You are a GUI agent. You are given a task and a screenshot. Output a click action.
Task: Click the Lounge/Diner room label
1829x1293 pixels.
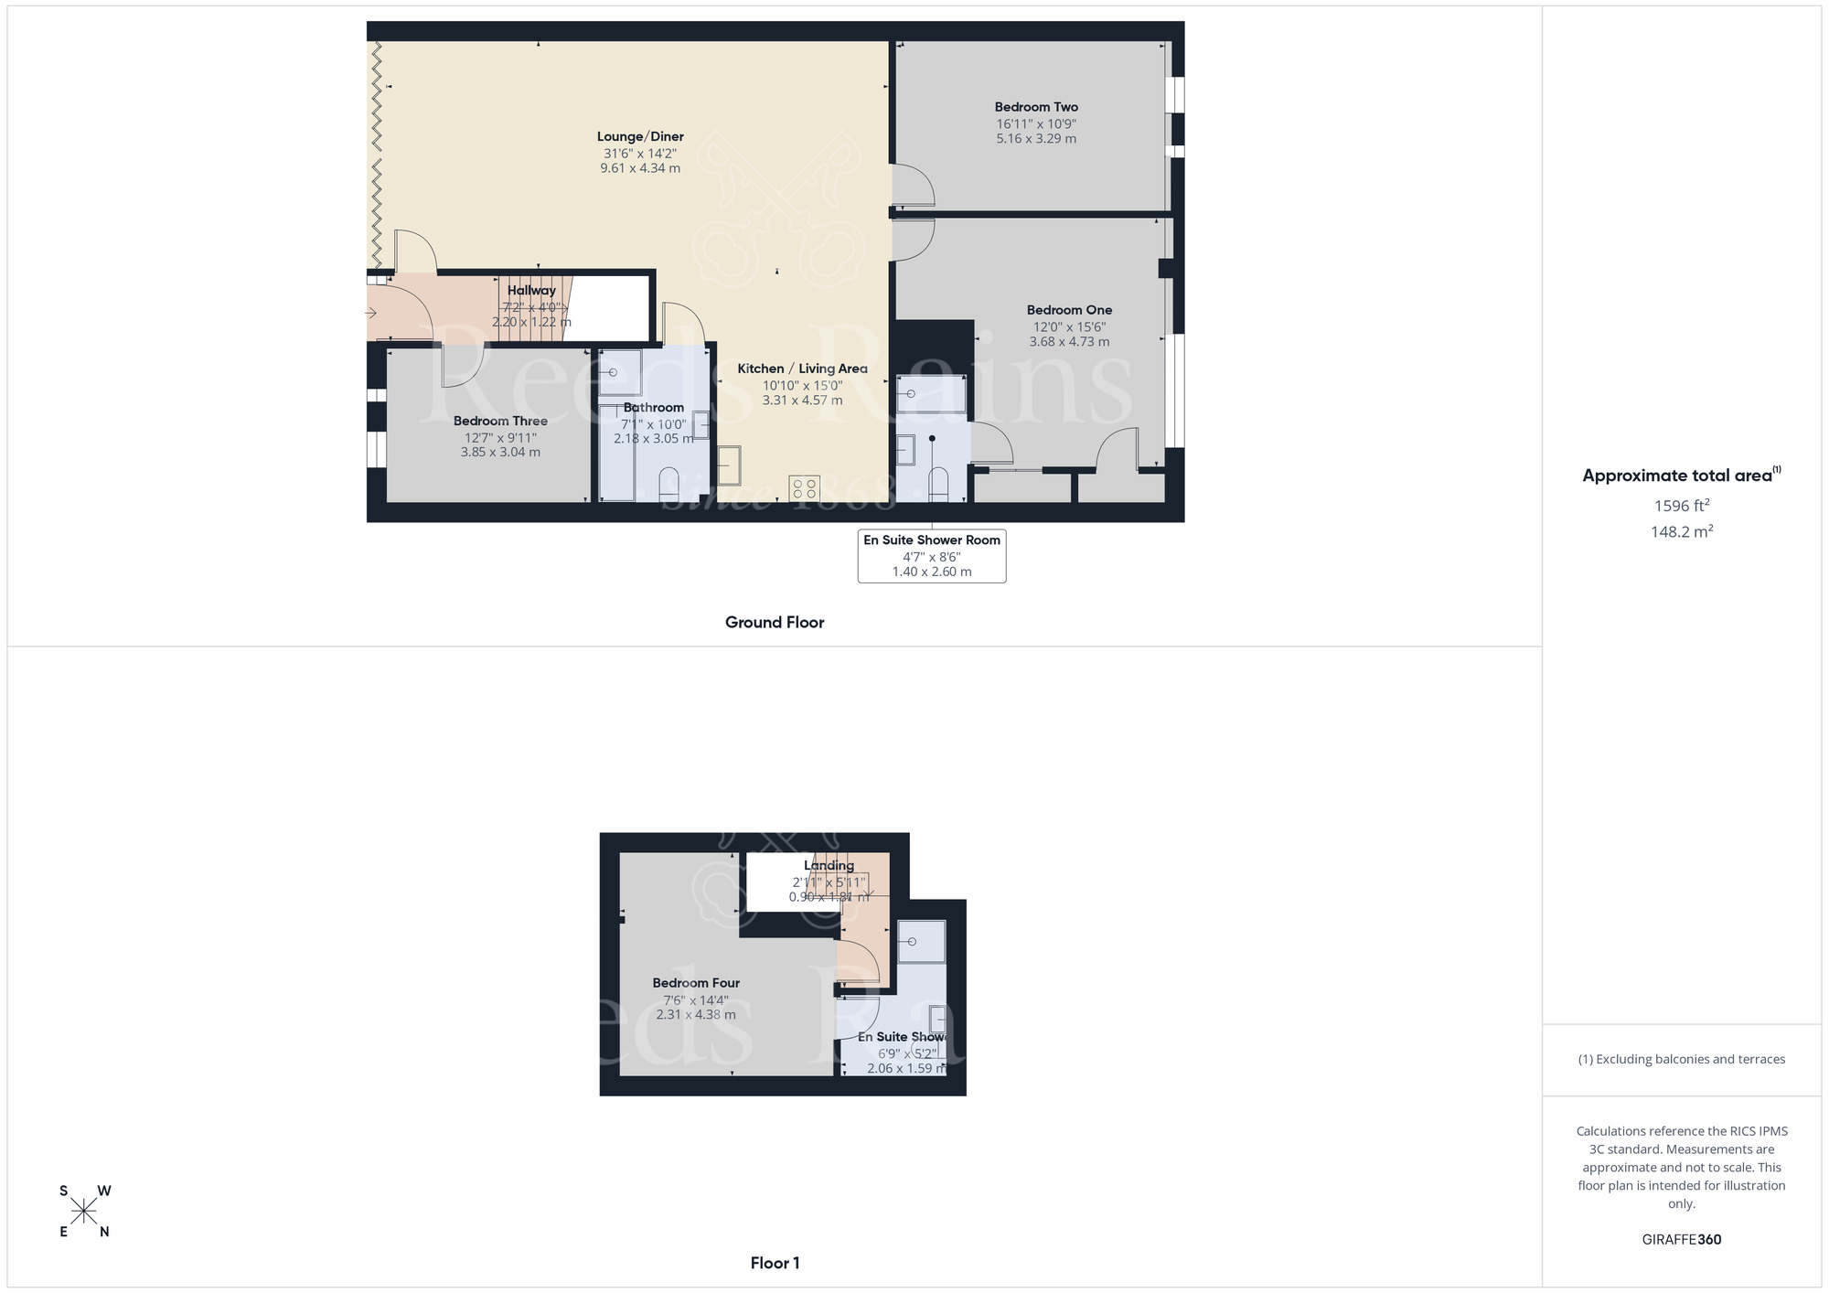[640, 137]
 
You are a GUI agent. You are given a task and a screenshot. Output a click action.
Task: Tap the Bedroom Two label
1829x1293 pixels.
[1036, 107]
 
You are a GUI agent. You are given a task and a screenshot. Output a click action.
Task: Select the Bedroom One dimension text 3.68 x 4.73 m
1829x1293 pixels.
[1069, 342]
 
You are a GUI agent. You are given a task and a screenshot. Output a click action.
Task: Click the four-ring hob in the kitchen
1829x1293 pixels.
[805, 488]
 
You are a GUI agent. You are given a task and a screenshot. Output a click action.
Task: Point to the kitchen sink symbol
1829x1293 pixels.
[729, 465]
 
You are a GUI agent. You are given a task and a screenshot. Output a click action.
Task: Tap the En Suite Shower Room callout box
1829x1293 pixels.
[932, 555]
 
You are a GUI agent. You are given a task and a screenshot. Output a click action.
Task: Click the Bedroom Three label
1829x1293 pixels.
[500, 422]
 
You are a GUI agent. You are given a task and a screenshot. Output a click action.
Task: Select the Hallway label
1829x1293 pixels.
[531, 291]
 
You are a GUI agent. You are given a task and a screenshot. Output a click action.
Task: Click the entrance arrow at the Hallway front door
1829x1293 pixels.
[371, 314]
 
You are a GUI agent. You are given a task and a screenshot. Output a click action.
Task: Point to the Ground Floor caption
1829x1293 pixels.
[775, 623]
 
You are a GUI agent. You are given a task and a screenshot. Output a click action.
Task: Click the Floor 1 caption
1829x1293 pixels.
[775, 1263]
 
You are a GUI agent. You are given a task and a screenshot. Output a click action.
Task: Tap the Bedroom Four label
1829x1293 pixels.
[696, 983]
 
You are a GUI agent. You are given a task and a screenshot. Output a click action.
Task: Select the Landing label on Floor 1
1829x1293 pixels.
[829, 866]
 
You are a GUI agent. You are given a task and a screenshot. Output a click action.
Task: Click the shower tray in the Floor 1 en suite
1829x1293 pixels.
[920, 941]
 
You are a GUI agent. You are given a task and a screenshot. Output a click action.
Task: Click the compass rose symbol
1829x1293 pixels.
[84, 1212]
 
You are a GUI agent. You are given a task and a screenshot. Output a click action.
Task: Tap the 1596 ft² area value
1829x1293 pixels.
[1681, 506]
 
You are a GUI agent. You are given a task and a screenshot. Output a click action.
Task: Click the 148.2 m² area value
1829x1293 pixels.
[1681, 531]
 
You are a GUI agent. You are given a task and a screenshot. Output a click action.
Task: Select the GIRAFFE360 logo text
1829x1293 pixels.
[1681, 1240]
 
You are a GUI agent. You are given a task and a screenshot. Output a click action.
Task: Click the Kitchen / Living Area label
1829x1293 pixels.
[802, 369]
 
